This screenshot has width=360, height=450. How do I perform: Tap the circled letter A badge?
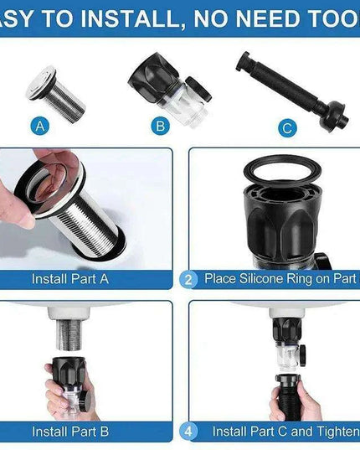point(39,127)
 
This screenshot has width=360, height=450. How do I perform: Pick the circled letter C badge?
point(287,127)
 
